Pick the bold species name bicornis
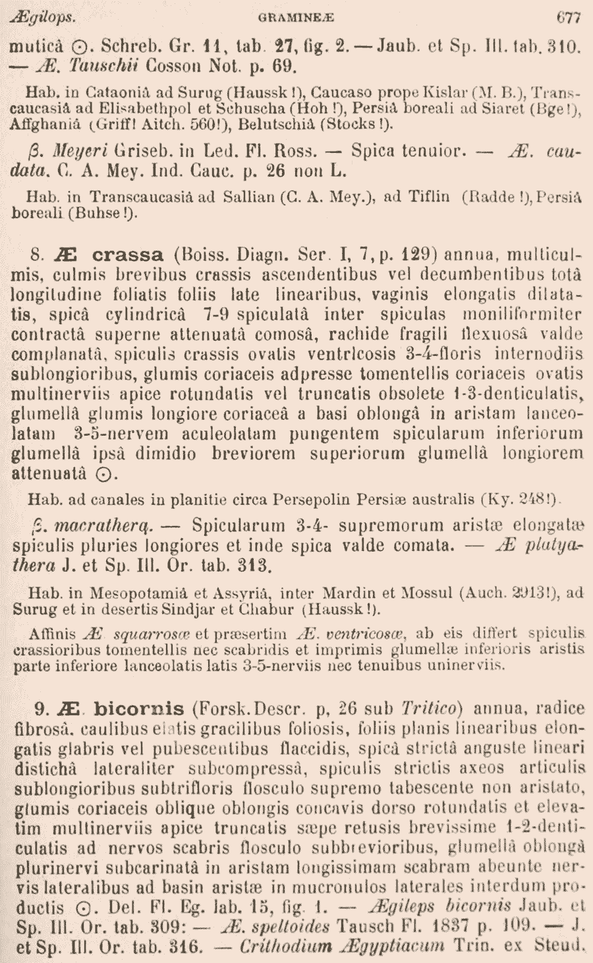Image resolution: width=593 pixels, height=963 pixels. click(x=139, y=709)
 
